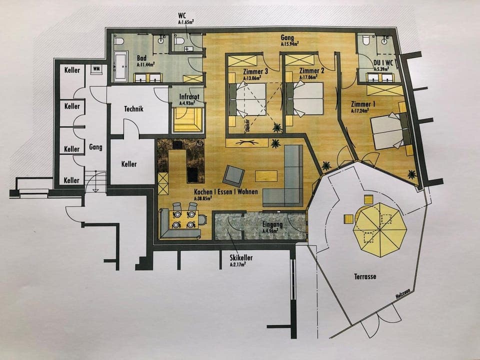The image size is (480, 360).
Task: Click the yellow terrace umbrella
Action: (379, 230)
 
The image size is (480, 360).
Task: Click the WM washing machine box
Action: (95, 69)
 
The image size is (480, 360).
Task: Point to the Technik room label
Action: (134, 109)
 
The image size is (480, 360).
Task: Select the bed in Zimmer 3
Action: (248, 99)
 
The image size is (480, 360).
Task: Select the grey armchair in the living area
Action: (233, 175)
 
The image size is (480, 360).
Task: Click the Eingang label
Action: (272, 225)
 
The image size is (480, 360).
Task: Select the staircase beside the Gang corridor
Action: (94, 179)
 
